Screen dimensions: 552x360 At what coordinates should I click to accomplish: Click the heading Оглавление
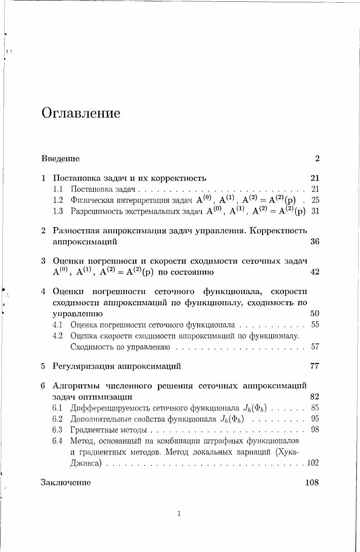click(81, 113)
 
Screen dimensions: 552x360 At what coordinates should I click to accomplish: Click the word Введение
click(60, 159)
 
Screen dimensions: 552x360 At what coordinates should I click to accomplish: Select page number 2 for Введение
click(317, 159)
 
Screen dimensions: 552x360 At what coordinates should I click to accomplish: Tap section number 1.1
click(58, 188)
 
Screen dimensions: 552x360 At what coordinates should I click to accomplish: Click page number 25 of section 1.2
click(316, 200)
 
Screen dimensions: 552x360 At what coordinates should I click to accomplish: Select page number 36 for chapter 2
click(315, 242)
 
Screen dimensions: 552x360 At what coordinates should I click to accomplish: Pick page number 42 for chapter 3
click(315, 272)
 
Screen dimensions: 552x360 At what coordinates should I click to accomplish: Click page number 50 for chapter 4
click(315, 313)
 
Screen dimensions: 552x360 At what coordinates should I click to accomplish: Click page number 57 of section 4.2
click(316, 347)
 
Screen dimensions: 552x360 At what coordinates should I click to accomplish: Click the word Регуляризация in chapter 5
click(82, 366)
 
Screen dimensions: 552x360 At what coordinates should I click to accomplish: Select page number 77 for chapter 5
click(315, 366)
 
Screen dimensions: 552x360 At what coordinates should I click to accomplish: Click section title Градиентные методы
click(109, 430)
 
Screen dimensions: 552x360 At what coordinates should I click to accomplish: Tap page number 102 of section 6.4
click(313, 463)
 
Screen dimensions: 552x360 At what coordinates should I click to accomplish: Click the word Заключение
click(66, 483)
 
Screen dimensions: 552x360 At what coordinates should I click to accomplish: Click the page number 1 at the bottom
click(180, 514)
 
